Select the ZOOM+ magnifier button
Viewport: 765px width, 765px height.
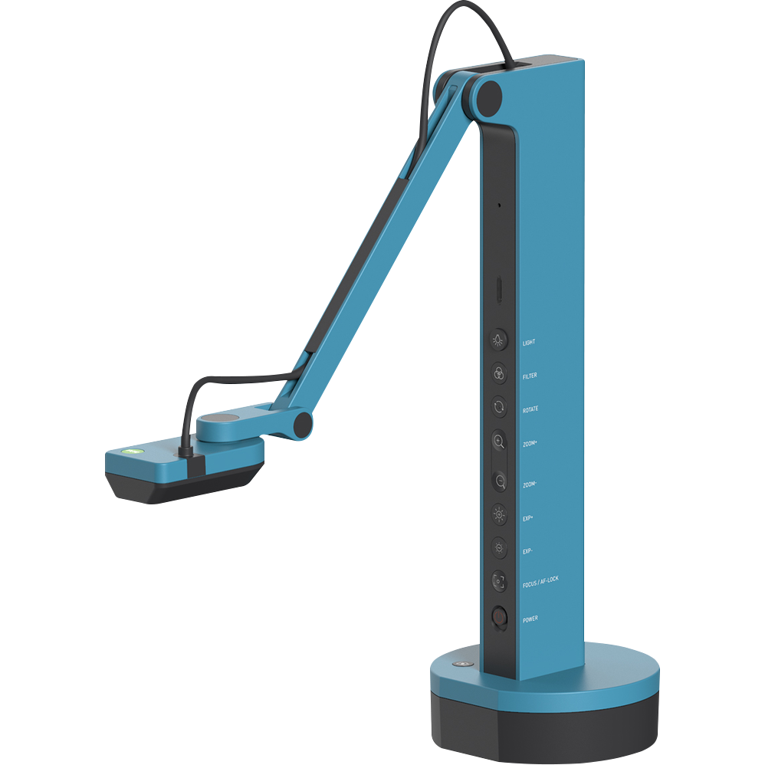point(499,441)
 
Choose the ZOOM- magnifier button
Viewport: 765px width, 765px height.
point(500,481)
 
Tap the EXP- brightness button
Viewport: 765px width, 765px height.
point(499,547)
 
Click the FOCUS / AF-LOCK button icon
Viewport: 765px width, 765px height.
point(499,581)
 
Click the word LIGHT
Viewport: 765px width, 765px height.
point(529,343)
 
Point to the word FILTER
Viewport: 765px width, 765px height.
point(530,376)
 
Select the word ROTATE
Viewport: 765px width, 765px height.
point(530,409)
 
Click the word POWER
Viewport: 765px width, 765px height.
point(530,619)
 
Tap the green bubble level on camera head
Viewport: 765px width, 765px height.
point(132,453)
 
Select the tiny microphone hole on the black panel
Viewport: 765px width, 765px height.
point(499,205)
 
